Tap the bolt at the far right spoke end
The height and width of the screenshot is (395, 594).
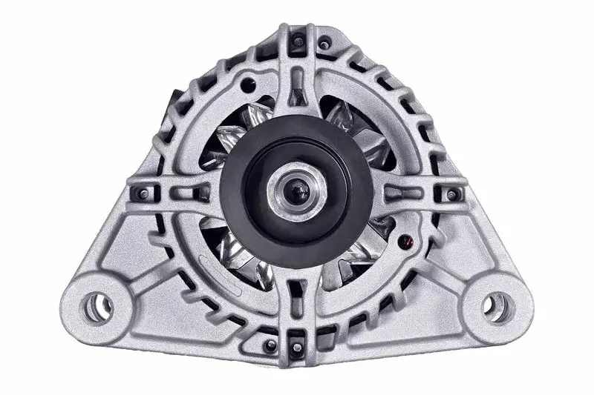[451, 194]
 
